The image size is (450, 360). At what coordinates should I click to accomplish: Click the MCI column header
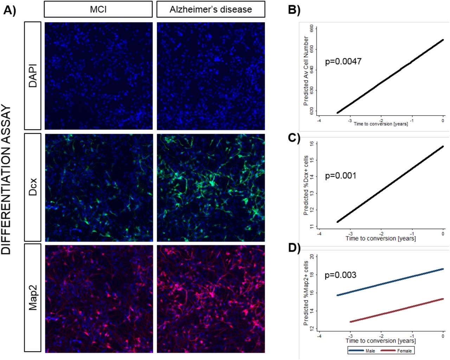98,9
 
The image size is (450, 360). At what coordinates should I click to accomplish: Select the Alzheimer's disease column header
211,9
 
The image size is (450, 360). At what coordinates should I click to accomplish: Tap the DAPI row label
33,76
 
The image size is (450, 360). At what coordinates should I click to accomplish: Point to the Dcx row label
33,187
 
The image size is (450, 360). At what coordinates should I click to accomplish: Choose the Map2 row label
33,298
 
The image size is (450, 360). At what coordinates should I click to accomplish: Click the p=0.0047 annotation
343,62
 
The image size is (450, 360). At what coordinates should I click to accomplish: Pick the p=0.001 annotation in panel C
340,176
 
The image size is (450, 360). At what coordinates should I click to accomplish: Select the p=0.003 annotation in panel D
340,275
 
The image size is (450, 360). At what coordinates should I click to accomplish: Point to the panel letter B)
294,10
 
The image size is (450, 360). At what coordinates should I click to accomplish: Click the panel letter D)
294,248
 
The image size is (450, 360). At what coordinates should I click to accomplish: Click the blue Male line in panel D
390,282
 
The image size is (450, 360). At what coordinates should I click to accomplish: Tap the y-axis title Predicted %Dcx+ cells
306,185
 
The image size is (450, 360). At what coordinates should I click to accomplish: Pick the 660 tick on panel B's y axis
312,28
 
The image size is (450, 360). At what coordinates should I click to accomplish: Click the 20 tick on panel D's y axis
312,257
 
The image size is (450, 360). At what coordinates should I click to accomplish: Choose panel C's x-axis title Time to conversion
380,238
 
